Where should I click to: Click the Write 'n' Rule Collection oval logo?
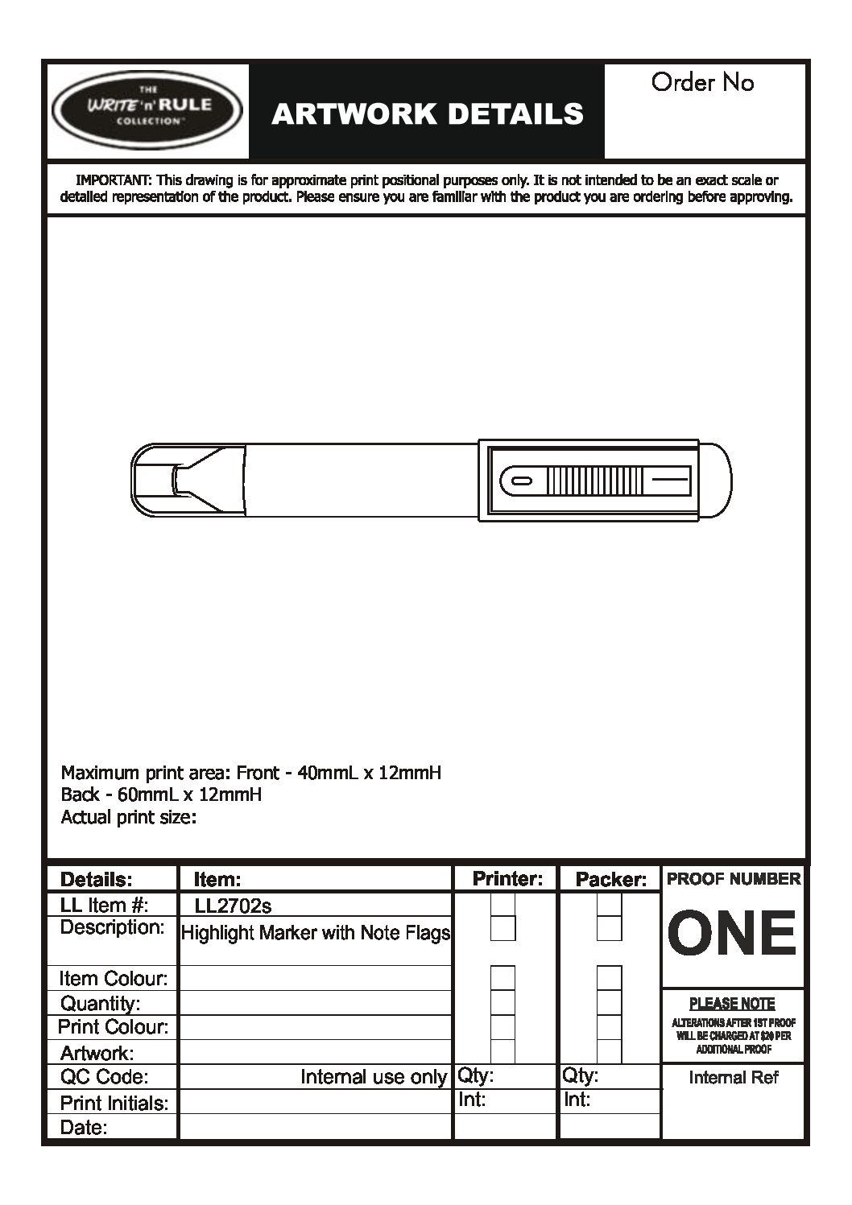click(147, 111)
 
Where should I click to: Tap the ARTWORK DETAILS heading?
click(427, 114)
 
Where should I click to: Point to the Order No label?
click(702, 82)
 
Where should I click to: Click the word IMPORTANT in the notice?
click(113, 180)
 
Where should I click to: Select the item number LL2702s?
click(233, 906)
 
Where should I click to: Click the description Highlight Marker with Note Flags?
click(316, 933)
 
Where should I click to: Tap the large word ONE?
click(732, 934)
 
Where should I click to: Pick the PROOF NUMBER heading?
click(734, 879)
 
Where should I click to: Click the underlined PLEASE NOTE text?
click(732, 1004)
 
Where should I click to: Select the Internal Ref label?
click(734, 1078)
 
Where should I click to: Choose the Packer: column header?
click(610, 879)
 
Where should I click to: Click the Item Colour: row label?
click(113, 979)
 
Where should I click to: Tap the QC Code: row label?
click(104, 1077)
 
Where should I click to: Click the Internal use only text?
click(374, 1077)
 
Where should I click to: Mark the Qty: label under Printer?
click(476, 1075)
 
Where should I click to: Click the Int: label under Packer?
click(576, 1100)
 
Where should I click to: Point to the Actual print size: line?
click(129, 818)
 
